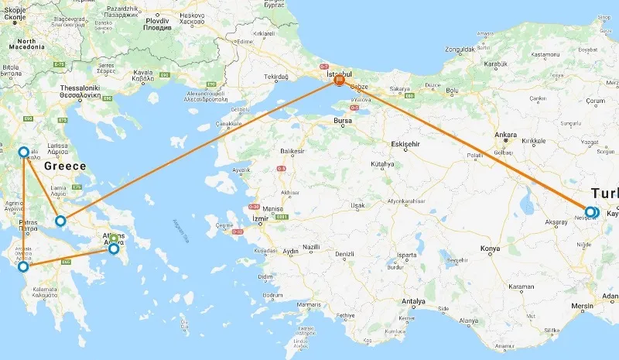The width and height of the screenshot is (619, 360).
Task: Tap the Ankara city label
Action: (x=506, y=134)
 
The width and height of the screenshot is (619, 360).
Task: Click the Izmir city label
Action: (x=260, y=218)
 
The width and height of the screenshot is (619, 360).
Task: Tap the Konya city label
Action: (x=491, y=249)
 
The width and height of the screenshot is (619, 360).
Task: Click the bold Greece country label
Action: (x=64, y=166)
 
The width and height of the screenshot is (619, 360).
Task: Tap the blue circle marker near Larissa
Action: (x=22, y=153)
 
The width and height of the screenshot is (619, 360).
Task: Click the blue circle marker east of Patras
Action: (x=60, y=221)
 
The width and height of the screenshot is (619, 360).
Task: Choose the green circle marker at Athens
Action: (x=114, y=238)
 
